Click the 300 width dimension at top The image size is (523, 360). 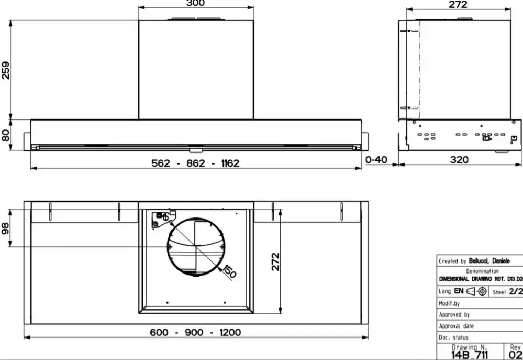tap(195, 3)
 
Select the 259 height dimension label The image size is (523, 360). tap(6, 70)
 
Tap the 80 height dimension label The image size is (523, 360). tap(6, 136)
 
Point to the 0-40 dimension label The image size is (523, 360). tap(376, 160)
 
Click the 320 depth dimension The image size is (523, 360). tap(459, 160)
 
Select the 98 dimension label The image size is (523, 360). tap(5, 228)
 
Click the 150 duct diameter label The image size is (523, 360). tap(229, 271)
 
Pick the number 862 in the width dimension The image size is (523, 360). tap(195, 163)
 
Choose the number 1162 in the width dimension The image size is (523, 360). tap(230, 163)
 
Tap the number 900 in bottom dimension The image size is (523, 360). tap(194, 333)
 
